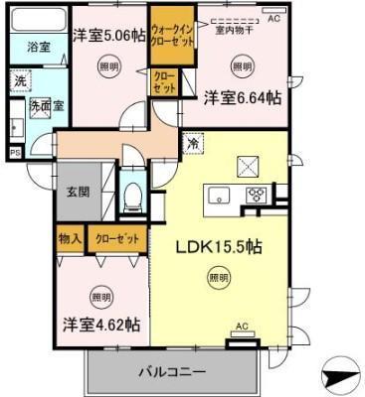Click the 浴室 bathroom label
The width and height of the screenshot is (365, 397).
click(38, 46)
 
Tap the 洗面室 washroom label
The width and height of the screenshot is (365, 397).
click(46, 103)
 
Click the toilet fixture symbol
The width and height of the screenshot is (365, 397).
click(131, 194)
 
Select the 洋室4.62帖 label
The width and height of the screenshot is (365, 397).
click(101, 325)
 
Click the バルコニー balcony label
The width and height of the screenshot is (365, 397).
click(171, 372)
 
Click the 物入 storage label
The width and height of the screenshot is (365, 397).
click(69, 239)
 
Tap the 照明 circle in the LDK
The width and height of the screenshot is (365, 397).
click(218, 279)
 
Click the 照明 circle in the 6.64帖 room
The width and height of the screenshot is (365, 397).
click(242, 66)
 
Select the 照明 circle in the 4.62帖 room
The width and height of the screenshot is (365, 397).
click(100, 296)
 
